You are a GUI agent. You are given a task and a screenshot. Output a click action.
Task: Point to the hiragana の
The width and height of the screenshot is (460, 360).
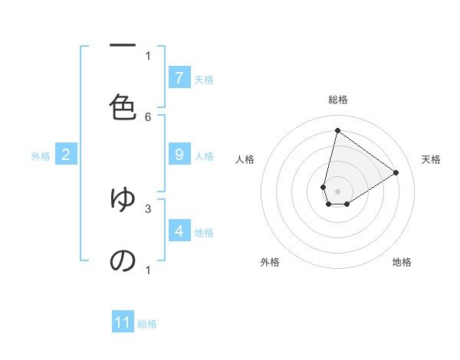123,260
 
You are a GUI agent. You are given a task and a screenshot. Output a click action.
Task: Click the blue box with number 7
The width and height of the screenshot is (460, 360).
179,78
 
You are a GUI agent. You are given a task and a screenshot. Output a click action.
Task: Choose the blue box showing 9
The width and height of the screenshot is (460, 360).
179,155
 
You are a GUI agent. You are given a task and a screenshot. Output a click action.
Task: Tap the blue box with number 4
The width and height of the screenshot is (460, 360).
179,231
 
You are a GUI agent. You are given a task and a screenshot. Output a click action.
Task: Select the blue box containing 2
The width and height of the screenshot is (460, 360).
66,155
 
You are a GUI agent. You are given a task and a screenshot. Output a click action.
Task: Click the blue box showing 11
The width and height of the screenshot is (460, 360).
123,322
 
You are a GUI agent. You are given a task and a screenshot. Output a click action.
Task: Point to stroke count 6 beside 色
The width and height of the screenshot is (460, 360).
148,116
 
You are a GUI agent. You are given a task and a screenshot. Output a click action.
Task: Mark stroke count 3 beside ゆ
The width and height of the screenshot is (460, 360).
148,208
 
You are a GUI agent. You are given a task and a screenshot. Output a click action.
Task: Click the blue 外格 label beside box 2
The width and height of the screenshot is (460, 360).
41,156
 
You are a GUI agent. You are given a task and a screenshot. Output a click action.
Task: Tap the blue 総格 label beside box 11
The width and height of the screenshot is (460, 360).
147,324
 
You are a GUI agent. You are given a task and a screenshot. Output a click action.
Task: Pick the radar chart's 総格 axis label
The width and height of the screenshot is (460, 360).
338,100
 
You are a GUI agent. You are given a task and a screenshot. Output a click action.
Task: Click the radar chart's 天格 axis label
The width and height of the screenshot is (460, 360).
432,159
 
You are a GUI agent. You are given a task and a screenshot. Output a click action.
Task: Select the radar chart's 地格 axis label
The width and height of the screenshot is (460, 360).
402,262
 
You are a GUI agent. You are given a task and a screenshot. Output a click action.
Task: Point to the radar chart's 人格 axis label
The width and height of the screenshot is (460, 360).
245,159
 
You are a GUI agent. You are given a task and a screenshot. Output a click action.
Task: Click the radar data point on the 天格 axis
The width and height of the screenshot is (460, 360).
396,172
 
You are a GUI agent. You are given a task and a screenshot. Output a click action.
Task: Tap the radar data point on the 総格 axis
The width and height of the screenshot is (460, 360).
338,130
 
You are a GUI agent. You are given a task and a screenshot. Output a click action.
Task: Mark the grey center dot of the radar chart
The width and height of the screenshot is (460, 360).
338,191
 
